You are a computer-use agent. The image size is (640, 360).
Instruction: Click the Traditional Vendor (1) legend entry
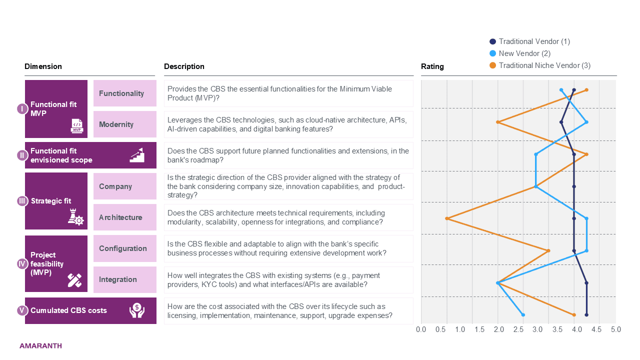point(529,41)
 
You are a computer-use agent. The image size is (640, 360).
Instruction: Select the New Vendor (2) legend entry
point(520,53)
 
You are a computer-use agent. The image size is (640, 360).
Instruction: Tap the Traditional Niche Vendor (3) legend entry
point(540,65)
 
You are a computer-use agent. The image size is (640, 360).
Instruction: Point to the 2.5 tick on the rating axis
point(518,329)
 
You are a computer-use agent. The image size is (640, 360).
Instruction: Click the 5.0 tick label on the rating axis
point(616,329)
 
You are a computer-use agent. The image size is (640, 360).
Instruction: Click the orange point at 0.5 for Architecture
point(447,218)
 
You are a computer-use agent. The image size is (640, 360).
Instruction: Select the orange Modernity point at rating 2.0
point(498,122)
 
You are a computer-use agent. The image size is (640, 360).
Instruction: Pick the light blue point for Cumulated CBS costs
point(523,315)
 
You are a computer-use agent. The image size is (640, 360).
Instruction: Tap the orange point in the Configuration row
point(548,251)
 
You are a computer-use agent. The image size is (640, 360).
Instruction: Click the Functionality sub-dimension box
point(125,93)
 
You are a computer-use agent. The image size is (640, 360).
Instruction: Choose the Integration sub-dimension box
point(125,279)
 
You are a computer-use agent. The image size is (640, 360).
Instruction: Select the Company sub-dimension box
point(125,186)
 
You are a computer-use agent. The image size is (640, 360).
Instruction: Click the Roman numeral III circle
point(22,201)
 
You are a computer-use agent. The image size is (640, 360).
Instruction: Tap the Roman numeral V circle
point(22,310)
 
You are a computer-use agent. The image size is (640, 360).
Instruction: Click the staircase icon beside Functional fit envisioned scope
point(137,155)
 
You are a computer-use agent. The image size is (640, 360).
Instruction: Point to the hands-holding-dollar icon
point(137,310)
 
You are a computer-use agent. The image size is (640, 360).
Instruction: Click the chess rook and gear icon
point(75,217)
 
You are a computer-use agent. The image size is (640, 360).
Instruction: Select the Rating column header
point(432,66)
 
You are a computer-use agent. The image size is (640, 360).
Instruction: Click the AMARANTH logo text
point(40,346)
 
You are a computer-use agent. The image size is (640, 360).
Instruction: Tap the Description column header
point(184,66)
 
